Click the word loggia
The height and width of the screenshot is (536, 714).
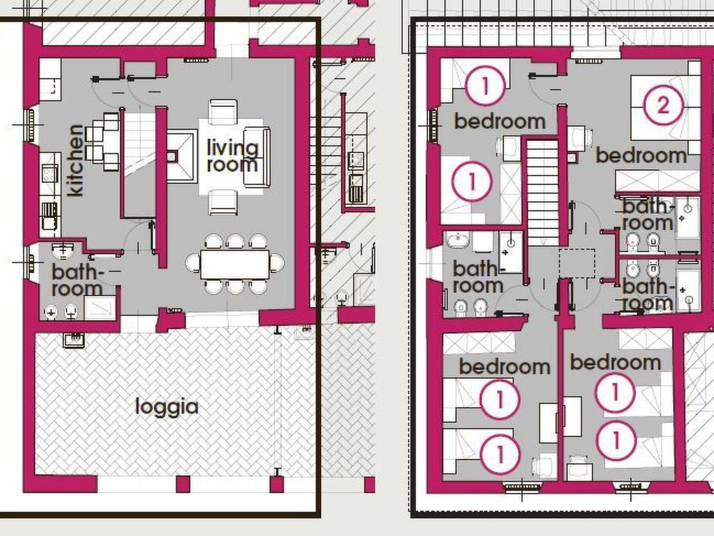point(167,407)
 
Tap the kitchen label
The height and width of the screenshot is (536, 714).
point(76,161)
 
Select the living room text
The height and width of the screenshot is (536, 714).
point(233,156)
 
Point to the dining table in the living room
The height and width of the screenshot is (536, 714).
point(235,264)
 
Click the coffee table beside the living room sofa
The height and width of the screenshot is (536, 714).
point(182,156)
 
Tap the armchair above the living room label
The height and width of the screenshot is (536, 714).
point(223,112)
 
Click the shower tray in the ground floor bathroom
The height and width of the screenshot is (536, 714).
point(100,307)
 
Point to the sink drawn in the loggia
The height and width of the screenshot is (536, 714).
point(74,341)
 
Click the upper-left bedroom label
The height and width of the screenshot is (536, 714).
point(500,121)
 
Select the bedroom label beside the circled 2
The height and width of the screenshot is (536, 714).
point(641,155)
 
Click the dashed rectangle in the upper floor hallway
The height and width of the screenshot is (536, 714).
point(577,263)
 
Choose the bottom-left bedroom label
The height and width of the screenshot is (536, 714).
point(504,366)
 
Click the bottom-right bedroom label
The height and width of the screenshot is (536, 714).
point(615,362)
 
